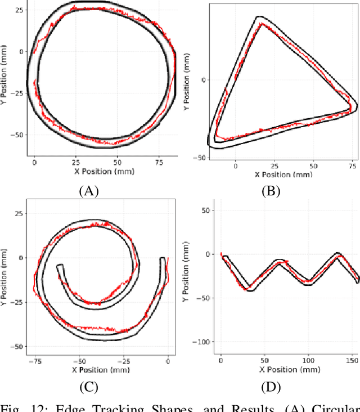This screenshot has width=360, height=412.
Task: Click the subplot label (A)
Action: pos(89,191)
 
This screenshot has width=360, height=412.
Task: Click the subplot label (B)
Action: pos(271,191)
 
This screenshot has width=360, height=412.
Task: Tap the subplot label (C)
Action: pos(89,386)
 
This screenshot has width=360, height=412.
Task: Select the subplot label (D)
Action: pos(271,386)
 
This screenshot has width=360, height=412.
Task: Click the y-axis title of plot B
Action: pos(188,82)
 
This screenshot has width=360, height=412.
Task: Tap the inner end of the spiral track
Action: pos(60,268)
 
